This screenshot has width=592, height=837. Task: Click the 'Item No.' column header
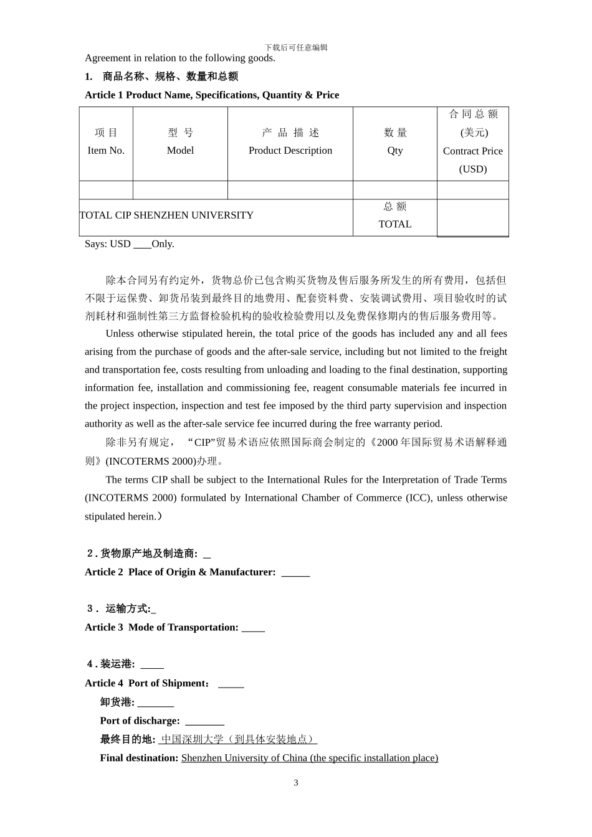(x=106, y=151)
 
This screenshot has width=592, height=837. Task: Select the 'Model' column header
(x=180, y=151)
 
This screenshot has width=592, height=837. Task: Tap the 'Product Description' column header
(x=290, y=151)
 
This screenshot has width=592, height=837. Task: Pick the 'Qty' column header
(x=395, y=151)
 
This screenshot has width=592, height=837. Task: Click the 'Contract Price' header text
(x=473, y=151)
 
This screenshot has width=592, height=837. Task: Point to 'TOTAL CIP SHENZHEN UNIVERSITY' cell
(x=166, y=215)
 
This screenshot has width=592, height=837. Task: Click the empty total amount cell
(x=473, y=217)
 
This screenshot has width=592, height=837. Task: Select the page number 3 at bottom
(x=296, y=783)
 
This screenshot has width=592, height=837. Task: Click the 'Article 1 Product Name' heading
(x=212, y=95)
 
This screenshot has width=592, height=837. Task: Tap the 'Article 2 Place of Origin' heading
(x=180, y=572)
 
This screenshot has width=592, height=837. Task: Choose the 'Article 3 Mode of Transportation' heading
(x=161, y=628)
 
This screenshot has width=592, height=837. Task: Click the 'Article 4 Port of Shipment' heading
(x=147, y=683)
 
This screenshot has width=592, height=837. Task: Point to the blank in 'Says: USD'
(x=143, y=245)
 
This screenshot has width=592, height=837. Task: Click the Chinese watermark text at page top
(x=296, y=47)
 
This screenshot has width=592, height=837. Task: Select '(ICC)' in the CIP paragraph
(x=418, y=498)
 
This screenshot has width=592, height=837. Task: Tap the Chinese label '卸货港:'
(x=117, y=702)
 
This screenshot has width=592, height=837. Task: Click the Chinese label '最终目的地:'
(x=128, y=739)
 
